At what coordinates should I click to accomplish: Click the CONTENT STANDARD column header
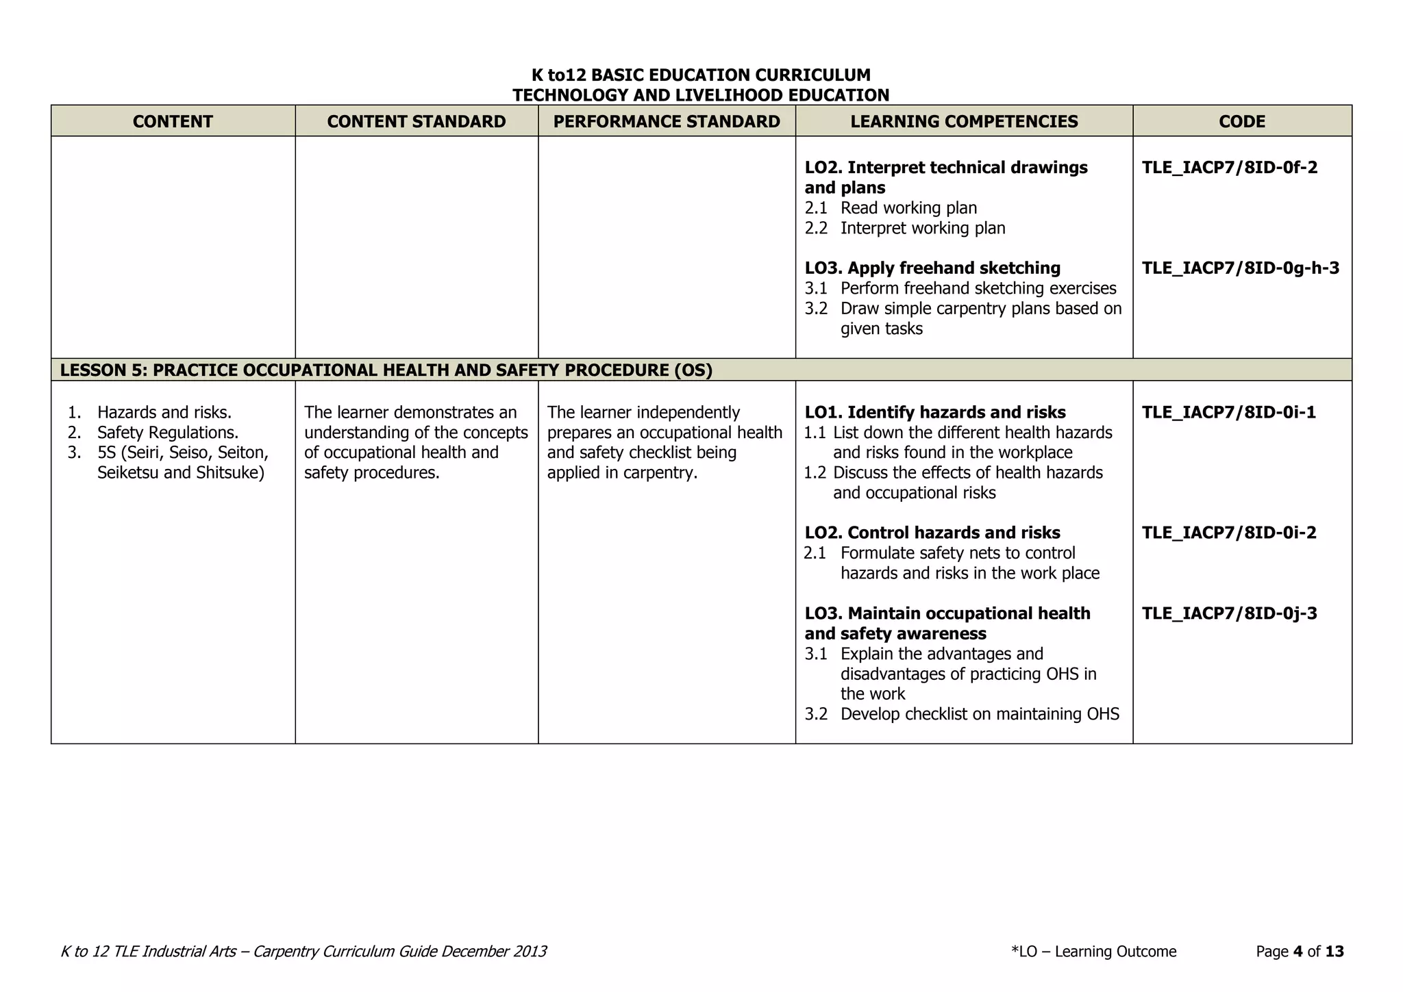[416, 121]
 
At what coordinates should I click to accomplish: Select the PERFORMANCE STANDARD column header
[666, 121]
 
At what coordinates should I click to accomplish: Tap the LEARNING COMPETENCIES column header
[964, 121]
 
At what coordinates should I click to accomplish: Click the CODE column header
[1241, 121]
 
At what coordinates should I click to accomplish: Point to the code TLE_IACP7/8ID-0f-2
[1229, 168]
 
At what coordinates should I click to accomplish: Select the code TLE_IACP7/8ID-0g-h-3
[1240, 268]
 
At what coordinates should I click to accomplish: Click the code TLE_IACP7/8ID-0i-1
[1228, 413]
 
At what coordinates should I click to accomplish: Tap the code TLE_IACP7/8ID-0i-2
[1229, 533]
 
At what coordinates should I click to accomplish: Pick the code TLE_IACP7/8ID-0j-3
[1229, 613]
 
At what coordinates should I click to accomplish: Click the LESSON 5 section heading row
[386, 370]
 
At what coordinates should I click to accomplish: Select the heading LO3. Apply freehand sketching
[932, 268]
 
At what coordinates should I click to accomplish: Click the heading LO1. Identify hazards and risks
[934, 413]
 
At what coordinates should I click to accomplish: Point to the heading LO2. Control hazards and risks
[932, 533]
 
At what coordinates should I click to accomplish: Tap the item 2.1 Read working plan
[891, 208]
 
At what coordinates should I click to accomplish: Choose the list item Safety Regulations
[167, 433]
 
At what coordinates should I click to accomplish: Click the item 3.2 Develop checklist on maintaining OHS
[962, 715]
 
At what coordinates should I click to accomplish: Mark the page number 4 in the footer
[1298, 952]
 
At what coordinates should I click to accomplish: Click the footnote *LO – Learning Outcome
[1093, 952]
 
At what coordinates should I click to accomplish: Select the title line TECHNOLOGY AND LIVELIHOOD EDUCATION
[701, 95]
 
